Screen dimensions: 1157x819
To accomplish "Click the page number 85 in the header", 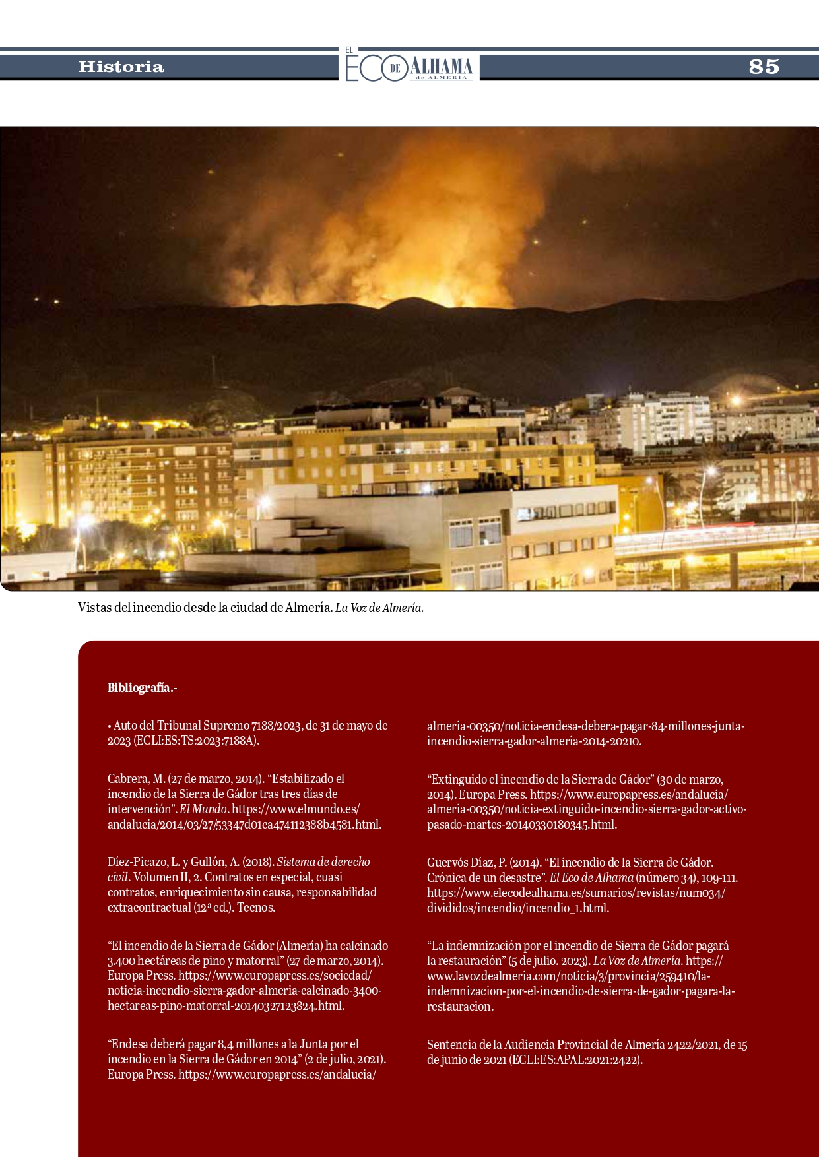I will click(764, 67).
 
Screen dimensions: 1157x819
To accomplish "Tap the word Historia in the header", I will click(121, 67).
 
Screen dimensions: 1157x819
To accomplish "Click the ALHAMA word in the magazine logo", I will click(442, 66).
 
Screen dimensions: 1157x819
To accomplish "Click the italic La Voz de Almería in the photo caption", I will click(379, 608).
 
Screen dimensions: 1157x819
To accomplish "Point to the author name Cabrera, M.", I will click(136, 779).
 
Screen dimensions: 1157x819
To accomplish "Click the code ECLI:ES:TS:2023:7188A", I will click(196, 741).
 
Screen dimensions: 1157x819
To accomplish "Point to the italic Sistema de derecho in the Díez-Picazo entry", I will click(323, 862).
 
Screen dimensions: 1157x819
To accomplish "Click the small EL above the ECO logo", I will click(349, 50).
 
